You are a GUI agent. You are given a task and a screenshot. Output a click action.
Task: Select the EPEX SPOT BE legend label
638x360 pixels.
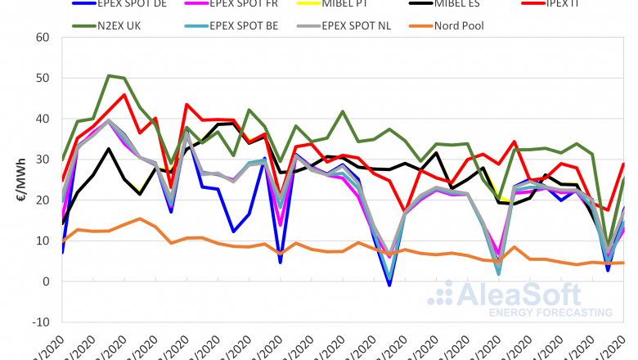coord(244,25)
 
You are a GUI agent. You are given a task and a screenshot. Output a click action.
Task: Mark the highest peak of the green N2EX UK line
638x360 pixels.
coord(109,75)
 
